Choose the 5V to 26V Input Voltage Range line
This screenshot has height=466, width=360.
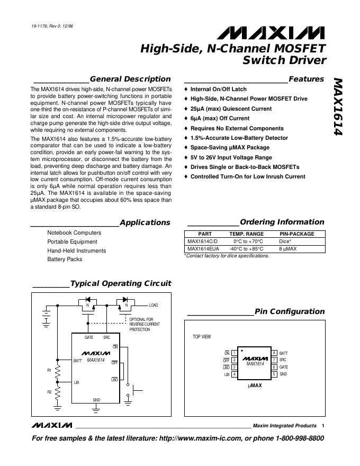231,157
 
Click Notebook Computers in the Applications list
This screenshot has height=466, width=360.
74,232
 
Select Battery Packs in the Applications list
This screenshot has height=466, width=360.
65,259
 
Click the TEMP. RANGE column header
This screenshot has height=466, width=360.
246,234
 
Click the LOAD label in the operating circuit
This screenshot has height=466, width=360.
153,305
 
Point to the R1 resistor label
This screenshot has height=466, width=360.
49,370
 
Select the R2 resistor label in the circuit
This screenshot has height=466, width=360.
49,392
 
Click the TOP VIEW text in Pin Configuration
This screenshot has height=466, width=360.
201,337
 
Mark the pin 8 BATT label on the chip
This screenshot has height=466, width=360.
283,353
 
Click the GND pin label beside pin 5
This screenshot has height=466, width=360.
283,374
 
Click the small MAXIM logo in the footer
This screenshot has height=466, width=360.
51,425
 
